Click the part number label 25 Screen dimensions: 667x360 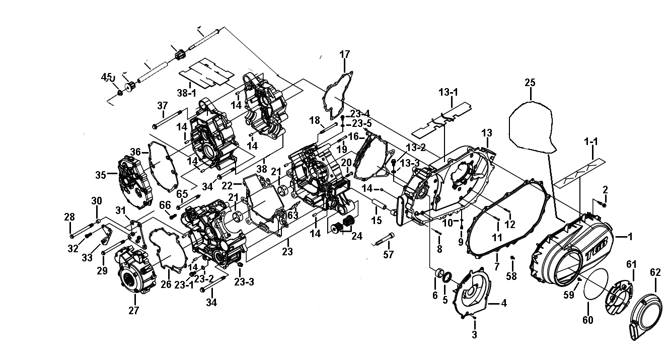pos(530,83)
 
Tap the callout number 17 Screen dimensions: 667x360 pos(344,54)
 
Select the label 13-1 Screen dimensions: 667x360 pos(448,93)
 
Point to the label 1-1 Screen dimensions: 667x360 pos(591,141)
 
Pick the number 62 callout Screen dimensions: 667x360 pos(655,272)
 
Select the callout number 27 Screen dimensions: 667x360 pos(134,311)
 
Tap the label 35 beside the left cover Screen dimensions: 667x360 pos(101,175)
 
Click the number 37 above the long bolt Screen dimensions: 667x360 pos(163,106)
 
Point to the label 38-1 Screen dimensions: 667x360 pos(187,93)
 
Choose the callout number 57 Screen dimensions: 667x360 pos(388,255)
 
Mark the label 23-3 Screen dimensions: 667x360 pos(244,281)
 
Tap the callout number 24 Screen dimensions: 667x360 pos(357,236)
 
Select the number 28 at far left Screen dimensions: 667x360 pos(69,217)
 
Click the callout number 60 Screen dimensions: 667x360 pos(588,320)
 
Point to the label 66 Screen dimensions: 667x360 pos(165,205)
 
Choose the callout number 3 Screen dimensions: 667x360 pos(474,334)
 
